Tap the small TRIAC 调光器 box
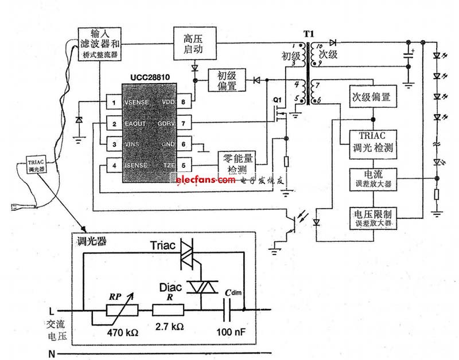pos(32,166)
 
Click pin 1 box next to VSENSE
pos(115,103)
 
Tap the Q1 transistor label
pos(277,100)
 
